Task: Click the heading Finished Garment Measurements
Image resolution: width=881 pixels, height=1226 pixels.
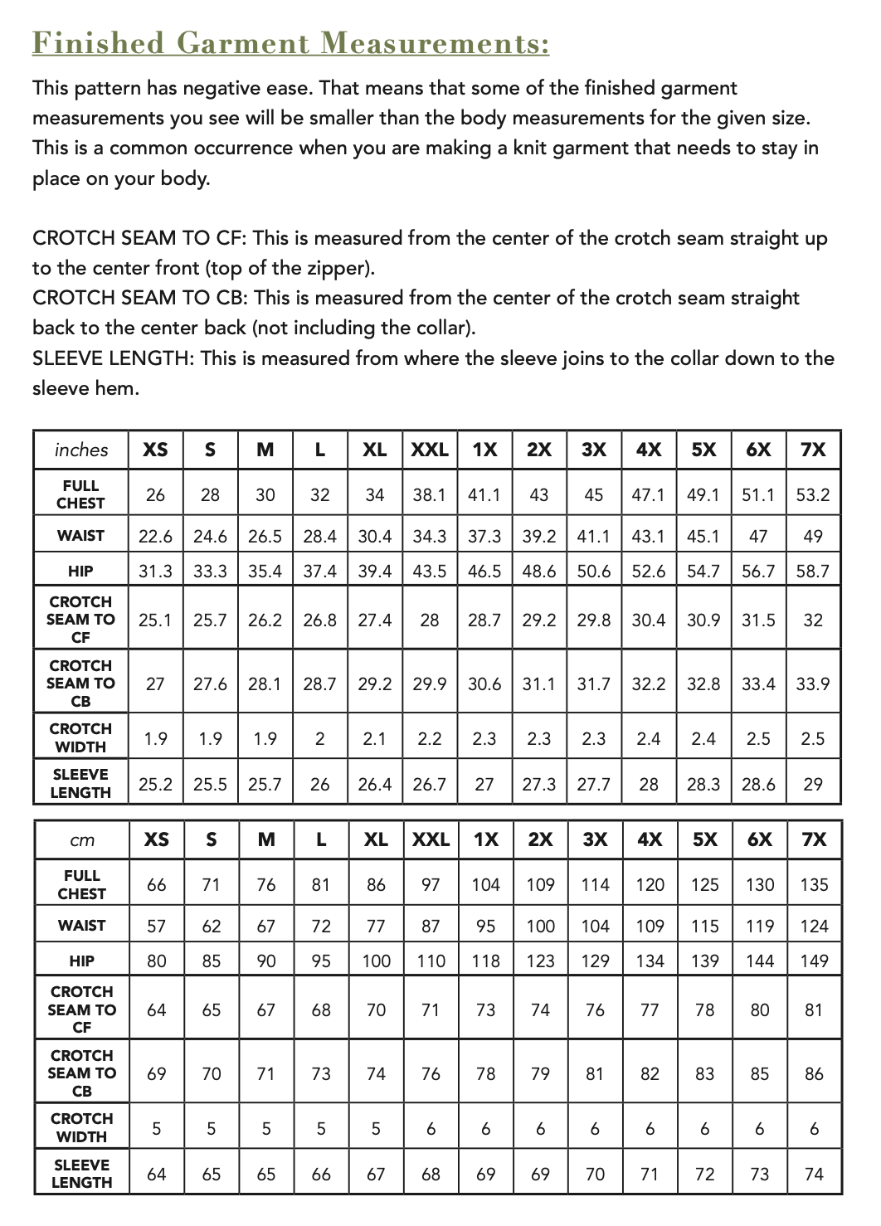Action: coord(290,42)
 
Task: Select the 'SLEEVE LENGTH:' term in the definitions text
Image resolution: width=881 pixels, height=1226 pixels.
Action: coord(114,358)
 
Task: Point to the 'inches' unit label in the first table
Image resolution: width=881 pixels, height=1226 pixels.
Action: coord(81,450)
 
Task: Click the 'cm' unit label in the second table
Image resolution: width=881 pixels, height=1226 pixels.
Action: coord(82,840)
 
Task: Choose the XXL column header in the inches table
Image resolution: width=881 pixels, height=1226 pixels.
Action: coord(430,450)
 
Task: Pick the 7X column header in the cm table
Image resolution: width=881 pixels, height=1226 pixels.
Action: coord(814,839)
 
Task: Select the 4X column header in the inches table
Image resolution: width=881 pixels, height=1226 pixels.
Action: coord(649,450)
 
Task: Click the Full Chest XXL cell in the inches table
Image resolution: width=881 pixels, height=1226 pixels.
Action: coord(430,495)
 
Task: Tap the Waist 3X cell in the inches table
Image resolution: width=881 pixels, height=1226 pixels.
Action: coord(594,537)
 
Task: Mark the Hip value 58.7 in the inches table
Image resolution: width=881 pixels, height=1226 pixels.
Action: coord(813,572)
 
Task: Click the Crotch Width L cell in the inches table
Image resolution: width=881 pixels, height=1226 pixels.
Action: coord(319,738)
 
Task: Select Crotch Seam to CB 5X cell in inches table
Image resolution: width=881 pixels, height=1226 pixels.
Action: coord(703,684)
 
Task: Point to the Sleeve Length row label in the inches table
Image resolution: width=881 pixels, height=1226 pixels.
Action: coord(80,783)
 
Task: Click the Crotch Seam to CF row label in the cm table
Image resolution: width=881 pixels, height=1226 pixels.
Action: coord(82,1010)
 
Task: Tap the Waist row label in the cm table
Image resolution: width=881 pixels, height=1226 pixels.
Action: coord(82,926)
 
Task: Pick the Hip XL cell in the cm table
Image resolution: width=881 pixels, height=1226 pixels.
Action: coord(376,961)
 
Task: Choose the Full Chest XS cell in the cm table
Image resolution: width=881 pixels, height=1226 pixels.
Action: coord(156,885)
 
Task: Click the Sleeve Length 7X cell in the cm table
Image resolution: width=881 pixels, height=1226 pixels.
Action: coord(814,1175)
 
